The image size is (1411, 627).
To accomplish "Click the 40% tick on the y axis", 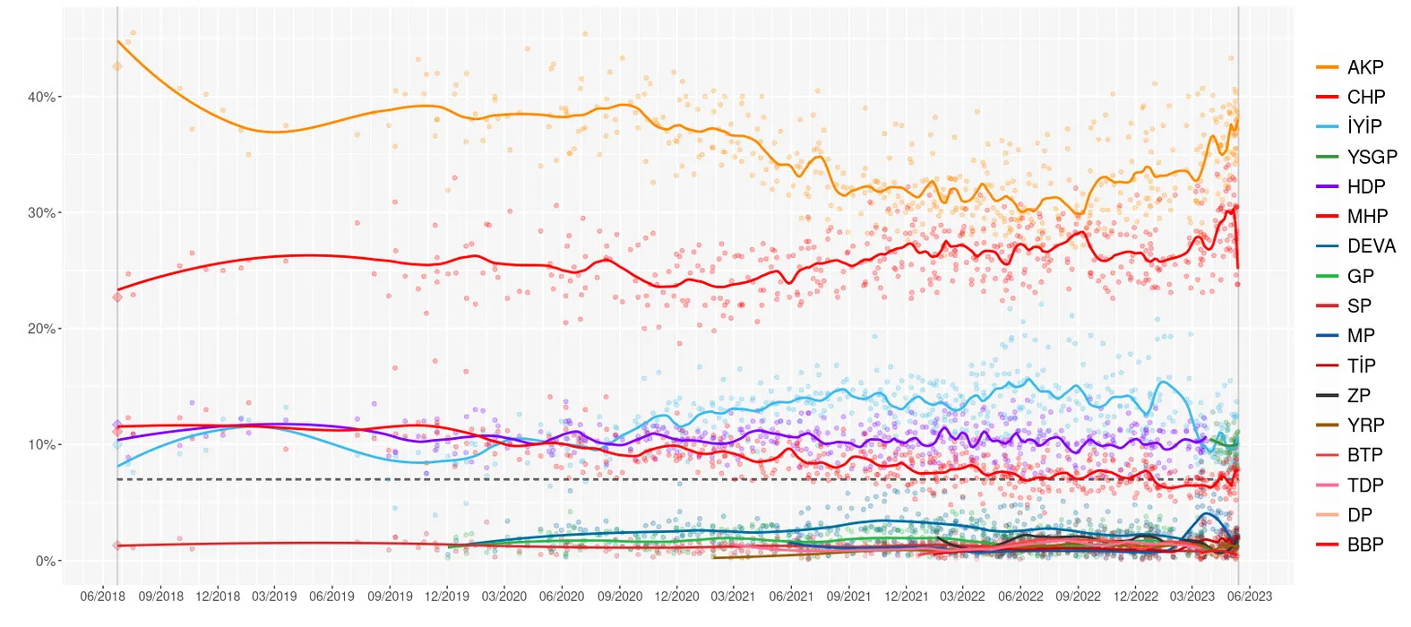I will click(41, 97).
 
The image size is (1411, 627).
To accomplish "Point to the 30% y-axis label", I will click(41, 213).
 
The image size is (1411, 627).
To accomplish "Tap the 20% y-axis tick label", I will click(41, 329).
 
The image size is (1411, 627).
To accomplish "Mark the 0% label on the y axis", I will click(45, 562).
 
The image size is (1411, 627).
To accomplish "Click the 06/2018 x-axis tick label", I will click(103, 597).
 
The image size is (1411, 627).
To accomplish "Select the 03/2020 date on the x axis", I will click(504, 597).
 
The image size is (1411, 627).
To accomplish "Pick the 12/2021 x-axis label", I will click(907, 597).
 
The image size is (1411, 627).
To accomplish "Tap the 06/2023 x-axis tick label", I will click(1250, 597).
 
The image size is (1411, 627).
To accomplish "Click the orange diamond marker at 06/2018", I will click(117, 66).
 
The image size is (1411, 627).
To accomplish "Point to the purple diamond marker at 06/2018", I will click(117, 425).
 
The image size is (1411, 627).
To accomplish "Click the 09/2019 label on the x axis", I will click(390, 597).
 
